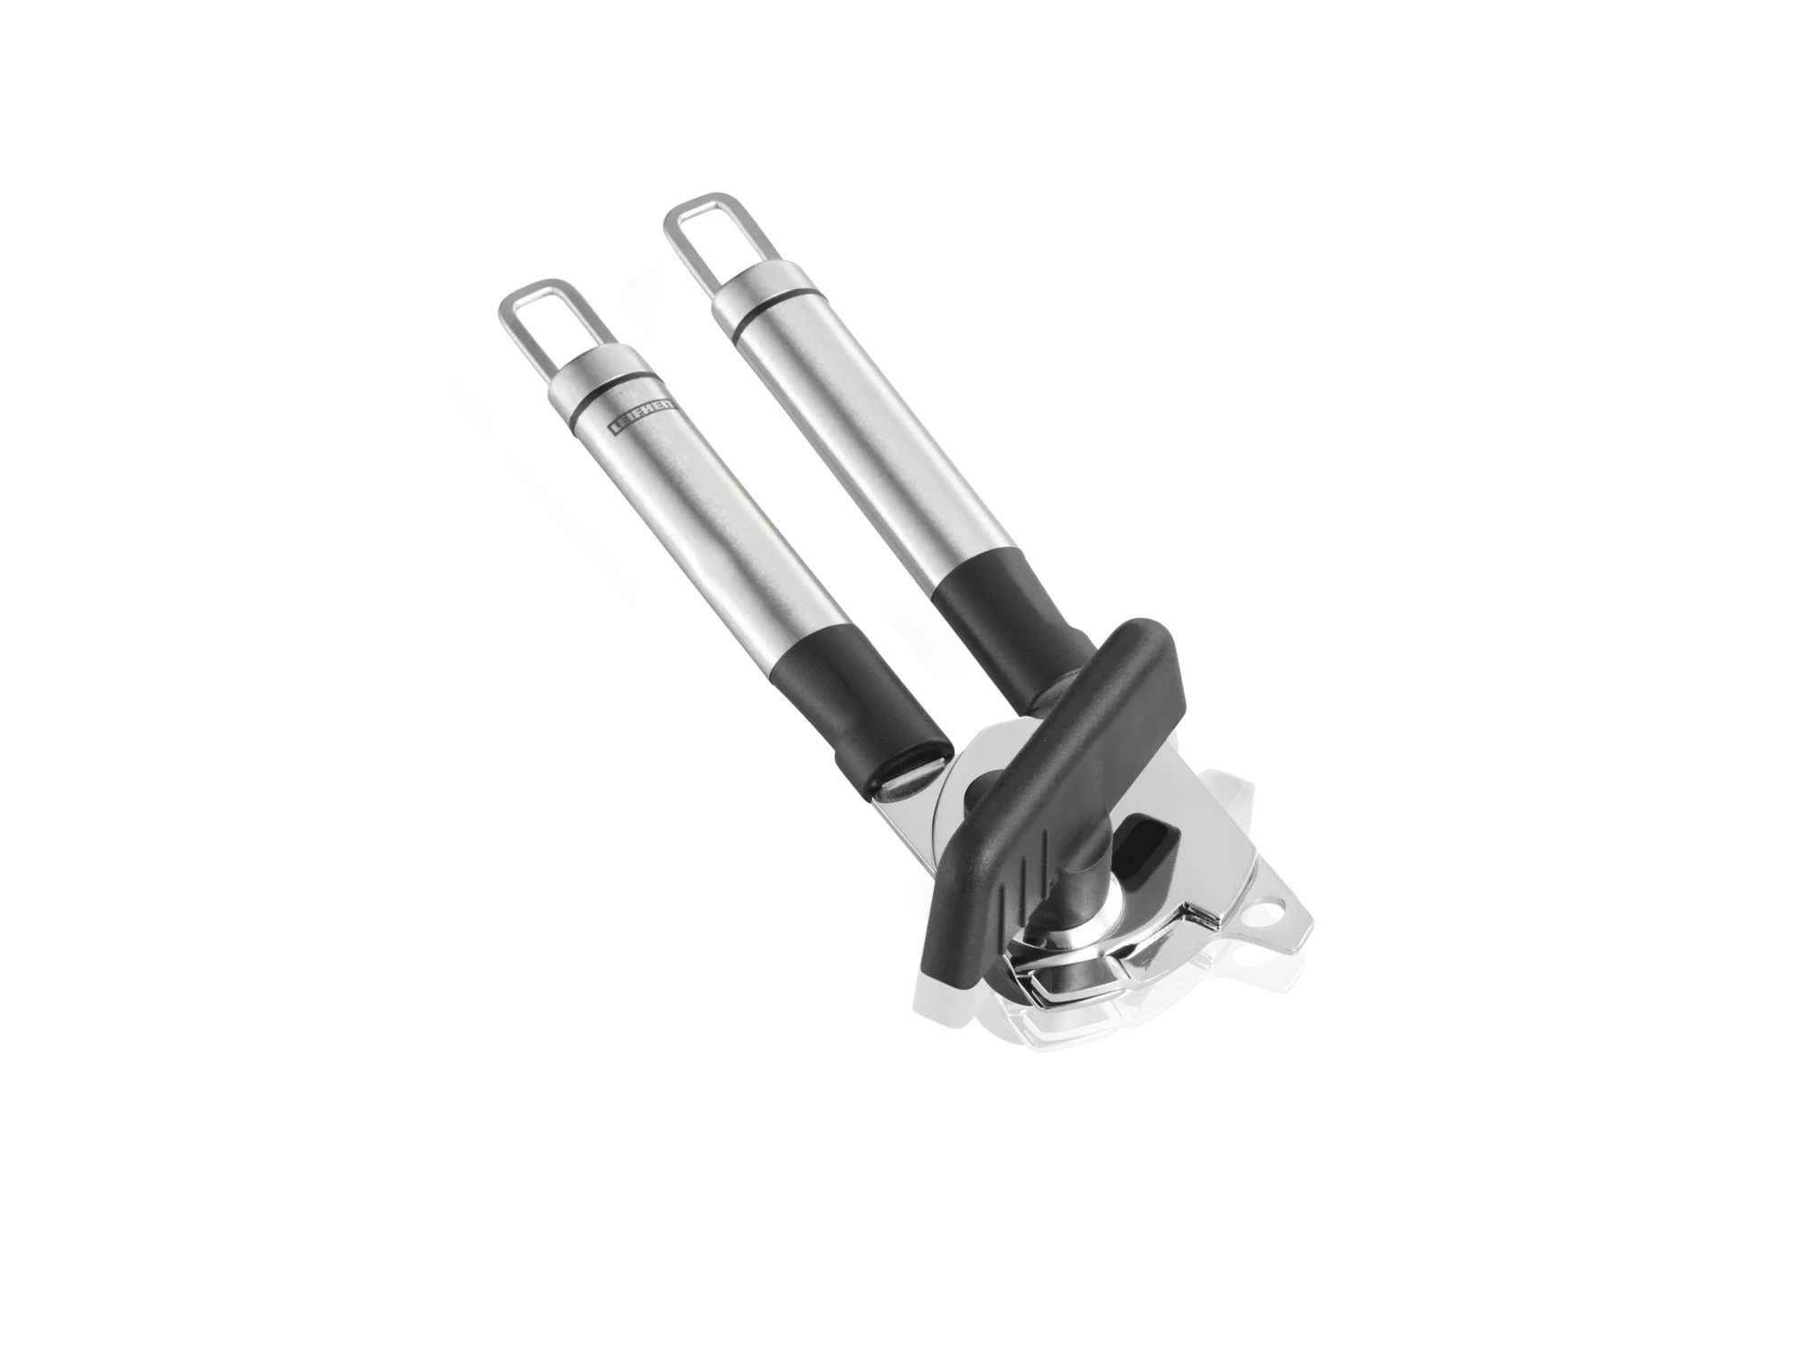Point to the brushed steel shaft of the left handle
click(x=713, y=542)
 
